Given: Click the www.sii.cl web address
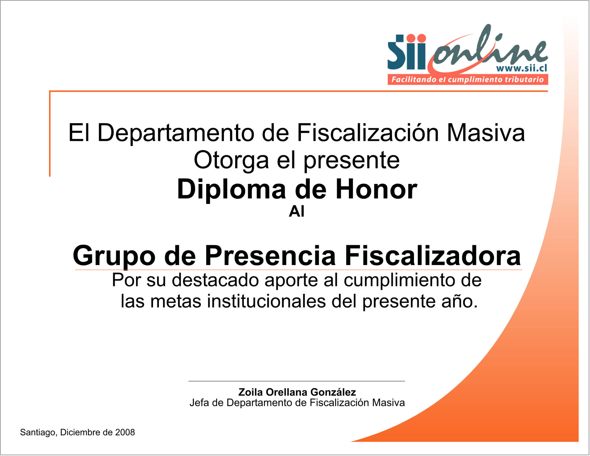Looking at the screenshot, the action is click(x=521, y=68).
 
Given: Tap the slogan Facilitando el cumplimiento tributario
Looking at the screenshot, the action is click(x=468, y=79).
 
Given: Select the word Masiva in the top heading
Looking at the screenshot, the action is click(x=486, y=133).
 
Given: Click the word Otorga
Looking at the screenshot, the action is click(x=231, y=161).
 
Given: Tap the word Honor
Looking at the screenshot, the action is click(x=376, y=189).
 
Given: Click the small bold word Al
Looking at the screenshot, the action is click(x=296, y=212).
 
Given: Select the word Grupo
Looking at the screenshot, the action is click(x=114, y=256).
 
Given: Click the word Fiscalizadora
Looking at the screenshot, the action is click(x=433, y=256).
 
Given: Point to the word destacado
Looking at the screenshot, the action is click(x=215, y=280).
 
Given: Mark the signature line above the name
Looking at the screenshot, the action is click(x=296, y=381).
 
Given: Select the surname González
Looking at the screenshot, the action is click(x=333, y=392).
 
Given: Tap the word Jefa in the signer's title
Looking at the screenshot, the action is click(x=199, y=403).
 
